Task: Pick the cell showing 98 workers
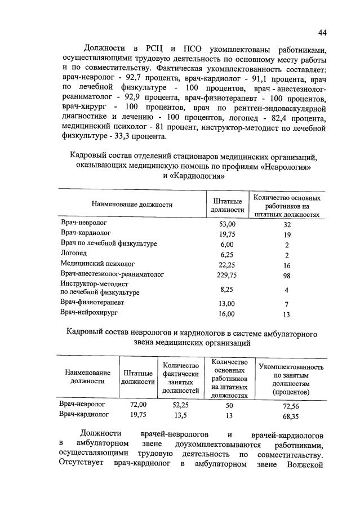[287, 275]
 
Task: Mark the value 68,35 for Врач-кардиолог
[291, 416]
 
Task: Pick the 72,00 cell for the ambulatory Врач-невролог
[138, 405]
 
